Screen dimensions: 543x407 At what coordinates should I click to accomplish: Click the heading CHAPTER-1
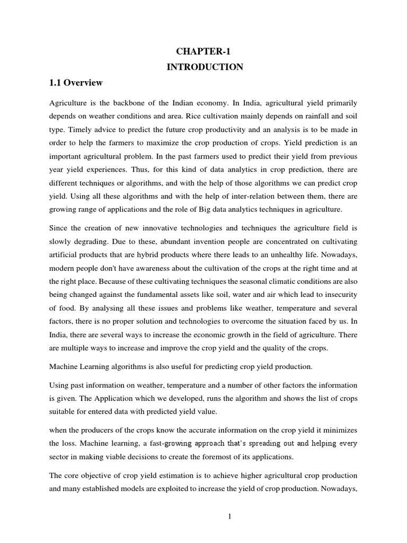click(205, 51)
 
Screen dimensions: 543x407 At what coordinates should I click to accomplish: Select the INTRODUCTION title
click(205, 67)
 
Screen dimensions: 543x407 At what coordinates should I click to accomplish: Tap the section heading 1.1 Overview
click(76, 83)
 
